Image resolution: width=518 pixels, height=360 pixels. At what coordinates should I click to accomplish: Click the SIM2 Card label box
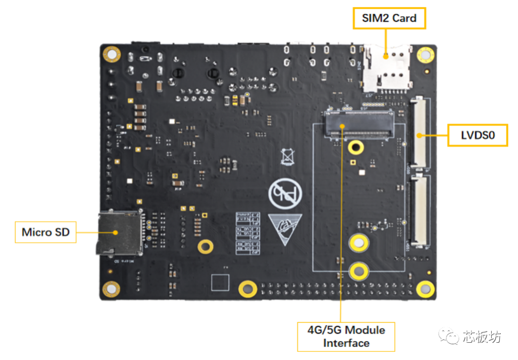389,19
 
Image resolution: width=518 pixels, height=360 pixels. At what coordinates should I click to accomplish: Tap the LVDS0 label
477,136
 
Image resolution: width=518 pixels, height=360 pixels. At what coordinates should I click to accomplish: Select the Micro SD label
46,232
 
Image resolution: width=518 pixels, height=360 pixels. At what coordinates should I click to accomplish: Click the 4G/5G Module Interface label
346,336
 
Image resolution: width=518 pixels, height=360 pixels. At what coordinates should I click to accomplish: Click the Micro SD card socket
119,232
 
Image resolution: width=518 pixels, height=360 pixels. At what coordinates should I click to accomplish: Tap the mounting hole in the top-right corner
425,54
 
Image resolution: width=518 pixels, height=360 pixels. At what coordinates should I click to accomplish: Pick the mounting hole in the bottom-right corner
425,289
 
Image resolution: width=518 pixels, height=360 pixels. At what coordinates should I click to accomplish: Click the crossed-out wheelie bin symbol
288,156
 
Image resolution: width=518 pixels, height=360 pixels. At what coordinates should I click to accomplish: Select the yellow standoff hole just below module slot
355,147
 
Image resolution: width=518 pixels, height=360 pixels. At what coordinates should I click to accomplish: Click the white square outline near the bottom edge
220,282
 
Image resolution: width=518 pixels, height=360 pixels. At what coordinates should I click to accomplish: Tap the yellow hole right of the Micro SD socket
205,246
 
